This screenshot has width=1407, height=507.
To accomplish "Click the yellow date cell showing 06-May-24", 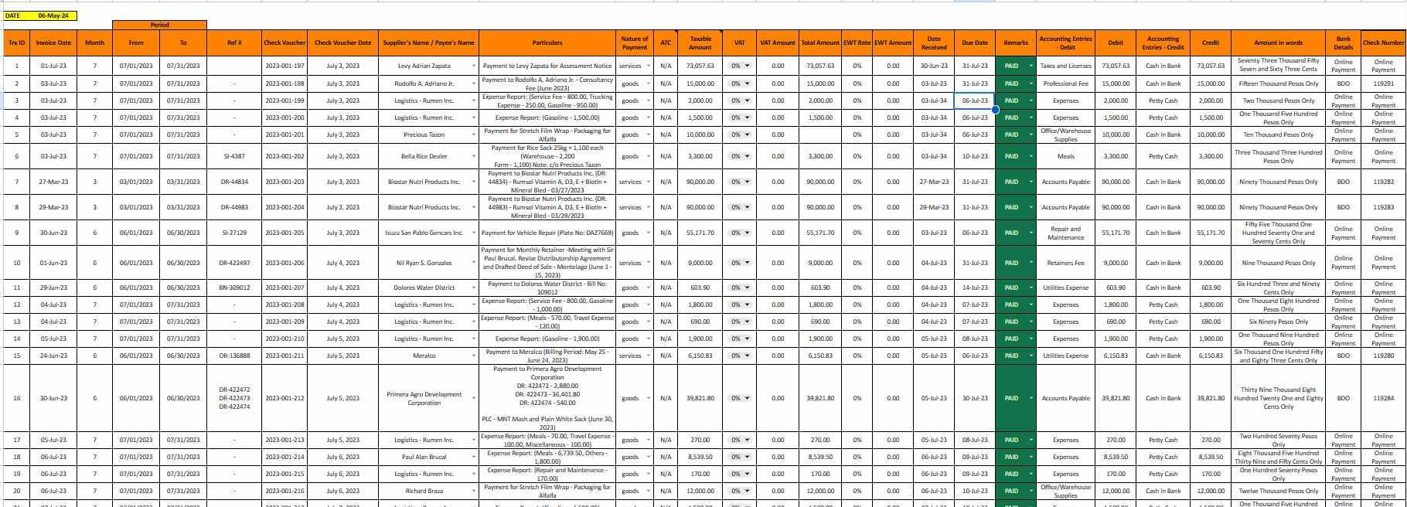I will pyautogui.click(x=53, y=15).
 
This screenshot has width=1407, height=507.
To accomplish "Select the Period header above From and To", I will pyautogui.click(x=159, y=26).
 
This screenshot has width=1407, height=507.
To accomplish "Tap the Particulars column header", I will pyautogui.click(x=547, y=43).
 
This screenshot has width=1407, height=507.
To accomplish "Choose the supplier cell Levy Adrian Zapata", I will pyautogui.click(x=424, y=66).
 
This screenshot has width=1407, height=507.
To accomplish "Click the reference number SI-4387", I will pyautogui.click(x=234, y=157).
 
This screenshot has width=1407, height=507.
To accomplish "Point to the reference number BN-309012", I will pyautogui.click(x=234, y=288).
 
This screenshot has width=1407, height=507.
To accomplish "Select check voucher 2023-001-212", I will pyautogui.click(x=284, y=399).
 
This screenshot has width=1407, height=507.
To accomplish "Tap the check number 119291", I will pyautogui.click(x=1383, y=83).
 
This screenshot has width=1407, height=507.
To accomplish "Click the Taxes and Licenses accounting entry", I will pyautogui.click(x=1065, y=66).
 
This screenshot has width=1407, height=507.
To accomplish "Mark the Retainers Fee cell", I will pyautogui.click(x=1065, y=263).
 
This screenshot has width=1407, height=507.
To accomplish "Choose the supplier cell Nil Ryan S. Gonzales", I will pyautogui.click(x=424, y=263).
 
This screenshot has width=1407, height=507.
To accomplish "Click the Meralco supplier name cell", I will pyautogui.click(x=424, y=356).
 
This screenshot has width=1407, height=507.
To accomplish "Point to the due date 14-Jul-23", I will pyautogui.click(x=974, y=288).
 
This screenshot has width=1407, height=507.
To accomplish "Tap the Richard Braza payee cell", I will pyautogui.click(x=424, y=492).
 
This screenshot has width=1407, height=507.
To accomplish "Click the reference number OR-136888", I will pyautogui.click(x=234, y=356).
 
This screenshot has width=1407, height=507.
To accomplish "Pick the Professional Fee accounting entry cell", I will pyautogui.click(x=1065, y=83).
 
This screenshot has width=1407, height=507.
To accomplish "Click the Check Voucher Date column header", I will pyautogui.click(x=342, y=43).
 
